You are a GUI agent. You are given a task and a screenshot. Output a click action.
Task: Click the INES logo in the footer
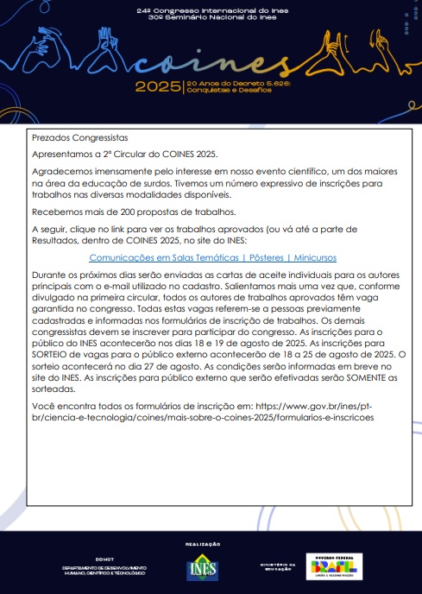point(203,568)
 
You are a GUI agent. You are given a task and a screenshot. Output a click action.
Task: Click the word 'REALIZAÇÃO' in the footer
point(203,544)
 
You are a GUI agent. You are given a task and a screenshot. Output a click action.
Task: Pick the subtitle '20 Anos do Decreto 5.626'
point(233,83)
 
